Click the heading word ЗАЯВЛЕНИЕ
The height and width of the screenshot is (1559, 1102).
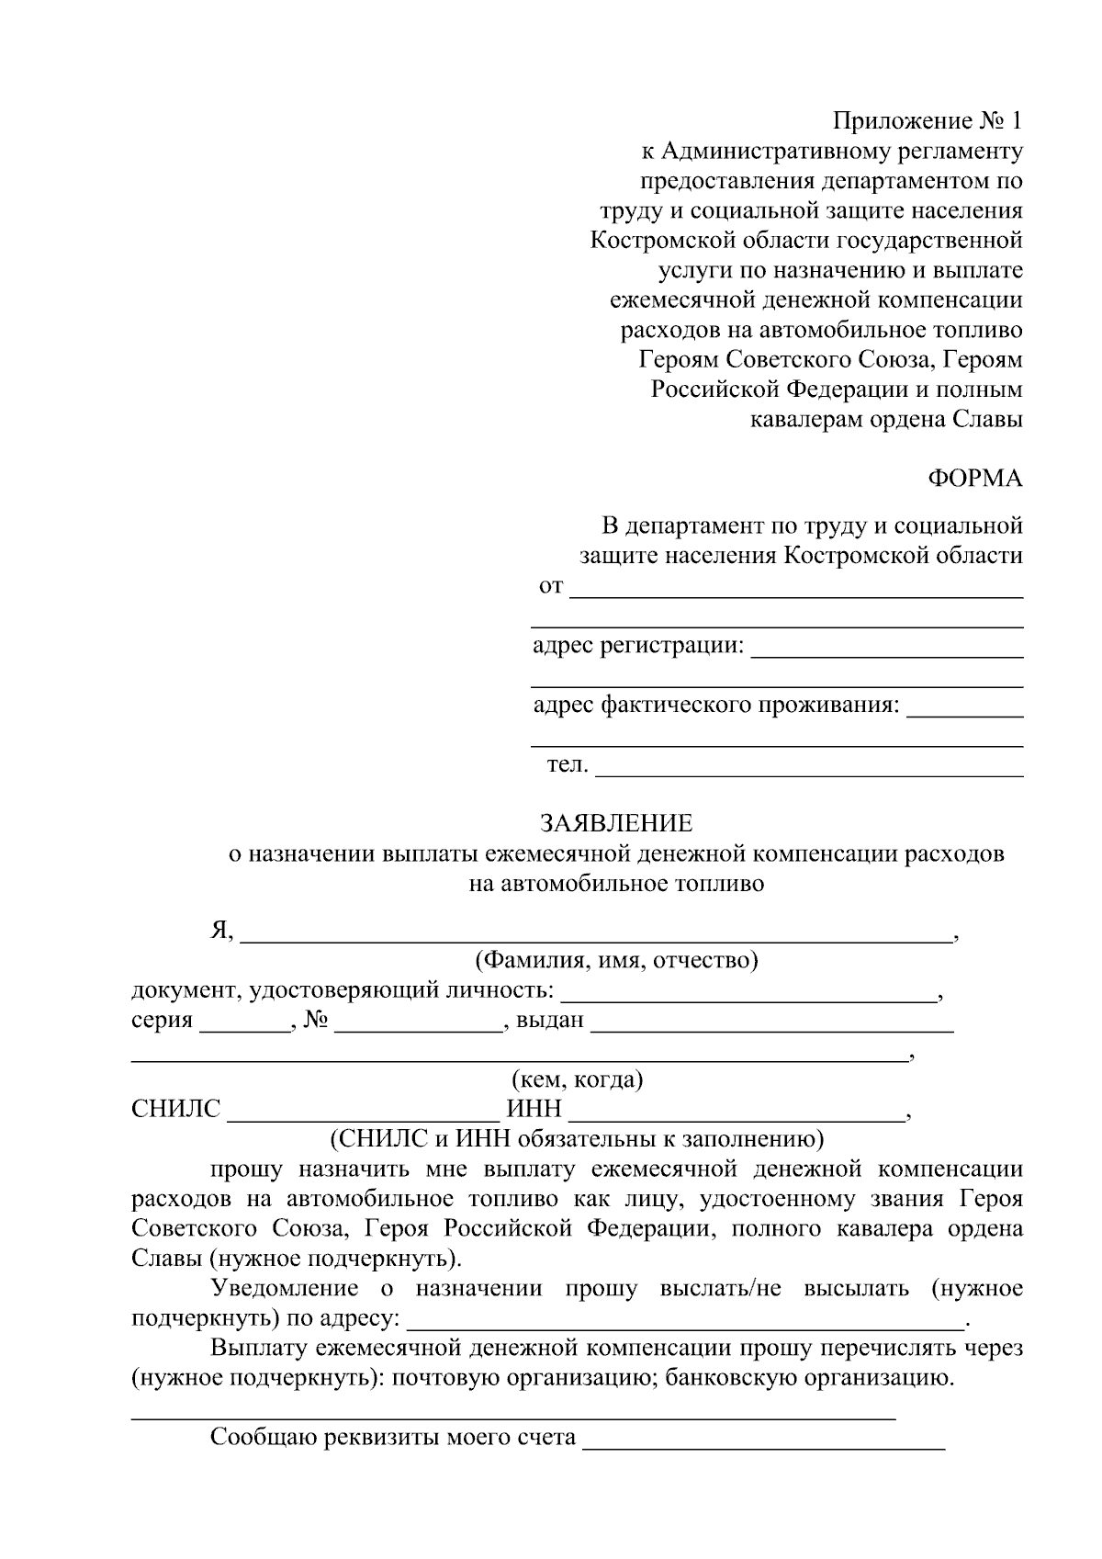pyautogui.click(x=616, y=822)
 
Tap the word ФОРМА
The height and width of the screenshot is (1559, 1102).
pyautogui.click(x=974, y=479)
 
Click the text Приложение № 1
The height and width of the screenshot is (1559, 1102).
pyautogui.click(x=927, y=121)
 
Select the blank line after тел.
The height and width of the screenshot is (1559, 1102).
pyautogui.click(x=809, y=768)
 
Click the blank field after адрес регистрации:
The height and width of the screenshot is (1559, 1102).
pyautogui.click(x=886, y=649)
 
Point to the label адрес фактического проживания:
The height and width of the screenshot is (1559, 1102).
pyautogui.click(x=716, y=706)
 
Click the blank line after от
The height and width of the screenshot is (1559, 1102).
pyautogui.click(x=796, y=589)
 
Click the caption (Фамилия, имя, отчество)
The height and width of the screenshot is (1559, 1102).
pyautogui.click(x=615, y=962)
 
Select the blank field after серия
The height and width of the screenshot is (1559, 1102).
pyautogui.click(x=243, y=1023)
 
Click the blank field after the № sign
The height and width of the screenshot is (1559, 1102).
pyautogui.click(x=419, y=1023)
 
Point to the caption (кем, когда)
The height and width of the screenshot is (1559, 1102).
pyautogui.click(x=577, y=1079)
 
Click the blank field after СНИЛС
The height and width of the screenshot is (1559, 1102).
pyautogui.click(x=364, y=1112)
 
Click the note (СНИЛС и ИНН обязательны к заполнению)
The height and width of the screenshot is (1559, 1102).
pyautogui.click(x=577, y=1139)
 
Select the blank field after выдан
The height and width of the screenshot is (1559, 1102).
pyautogui.click(x=771, y=1023)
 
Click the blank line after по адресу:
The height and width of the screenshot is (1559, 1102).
pyautogui.click(x=684, y=1320)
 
